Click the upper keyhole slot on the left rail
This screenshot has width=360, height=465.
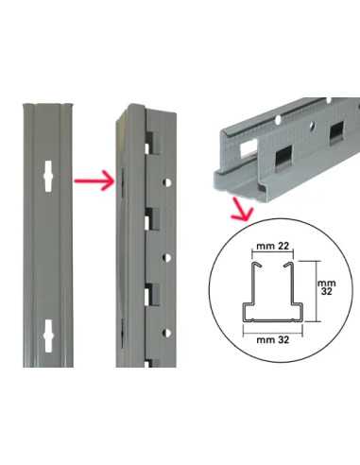pos(48,177)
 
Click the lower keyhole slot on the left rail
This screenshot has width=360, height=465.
pos(48,336)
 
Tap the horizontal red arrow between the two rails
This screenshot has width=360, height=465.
pos(94,181)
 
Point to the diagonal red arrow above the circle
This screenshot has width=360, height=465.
pos(242,210)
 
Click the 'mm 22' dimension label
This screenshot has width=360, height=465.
pos(272,246)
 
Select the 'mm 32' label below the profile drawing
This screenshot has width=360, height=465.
pos(273,340)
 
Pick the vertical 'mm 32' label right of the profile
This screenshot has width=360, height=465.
pos(327,287)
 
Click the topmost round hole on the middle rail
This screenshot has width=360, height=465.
pos(167,182)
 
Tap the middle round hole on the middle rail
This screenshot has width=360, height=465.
pos(167,258)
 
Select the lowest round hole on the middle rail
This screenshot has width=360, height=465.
pos(167,333)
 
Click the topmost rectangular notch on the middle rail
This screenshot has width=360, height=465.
pos(152,143)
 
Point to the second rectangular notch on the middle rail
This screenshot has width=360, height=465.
pos(152,218)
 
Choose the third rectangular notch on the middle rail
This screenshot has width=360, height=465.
pos(152,295)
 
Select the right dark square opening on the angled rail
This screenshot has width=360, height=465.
pos(336,133)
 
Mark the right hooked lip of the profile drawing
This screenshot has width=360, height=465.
pos(289,265)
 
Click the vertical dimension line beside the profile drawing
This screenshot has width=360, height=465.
pos(316,291)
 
